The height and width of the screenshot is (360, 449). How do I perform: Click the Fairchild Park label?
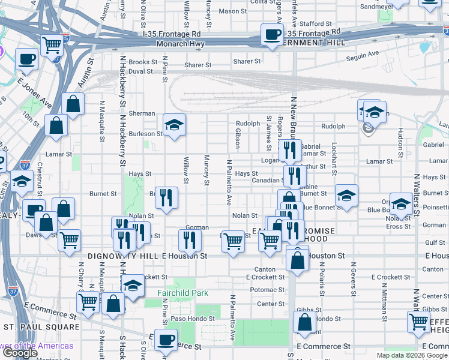pos(182,293)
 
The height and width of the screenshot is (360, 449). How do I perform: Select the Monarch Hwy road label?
pos(180,44)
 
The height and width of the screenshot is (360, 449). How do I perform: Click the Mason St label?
pos(229,11)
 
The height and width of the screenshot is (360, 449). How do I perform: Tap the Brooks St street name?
pos(143,62)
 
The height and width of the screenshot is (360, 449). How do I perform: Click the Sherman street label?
pos(142,113)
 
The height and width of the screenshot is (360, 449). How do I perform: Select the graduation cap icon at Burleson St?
pos(174,125)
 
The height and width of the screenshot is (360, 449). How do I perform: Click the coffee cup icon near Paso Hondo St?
pos(166,340)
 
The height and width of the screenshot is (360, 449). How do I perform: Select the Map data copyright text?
pos(411,355)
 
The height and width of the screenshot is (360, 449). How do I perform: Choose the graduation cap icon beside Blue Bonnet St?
pos(346,195)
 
